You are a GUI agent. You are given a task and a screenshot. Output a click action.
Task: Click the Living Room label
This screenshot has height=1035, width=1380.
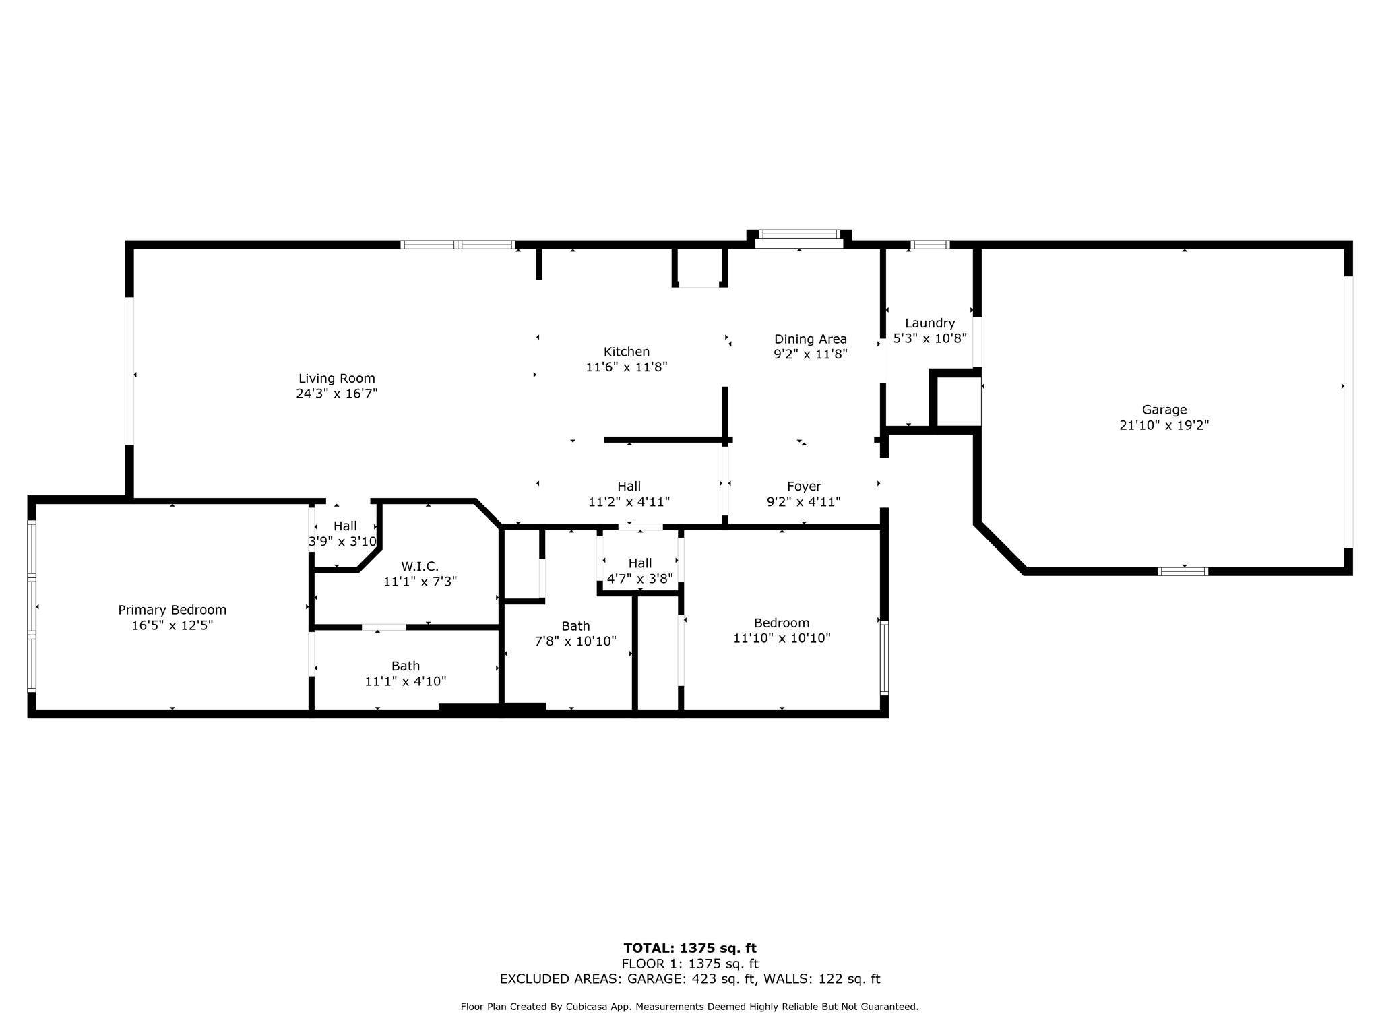click(336, 379)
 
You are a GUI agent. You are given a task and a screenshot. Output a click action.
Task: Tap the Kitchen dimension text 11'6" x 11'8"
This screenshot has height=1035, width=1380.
click(626, 367)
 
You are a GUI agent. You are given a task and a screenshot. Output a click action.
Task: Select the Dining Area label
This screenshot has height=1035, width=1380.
click(810, 339)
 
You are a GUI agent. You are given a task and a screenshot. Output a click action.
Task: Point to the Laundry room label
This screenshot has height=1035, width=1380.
click(929, 323)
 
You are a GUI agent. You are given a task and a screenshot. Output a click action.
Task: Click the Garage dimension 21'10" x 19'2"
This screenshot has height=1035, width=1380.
click(1164, 425)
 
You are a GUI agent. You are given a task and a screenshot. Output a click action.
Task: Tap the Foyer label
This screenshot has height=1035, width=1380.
click(803, 486)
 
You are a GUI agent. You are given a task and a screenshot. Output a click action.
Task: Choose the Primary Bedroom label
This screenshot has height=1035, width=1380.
click(172, 610)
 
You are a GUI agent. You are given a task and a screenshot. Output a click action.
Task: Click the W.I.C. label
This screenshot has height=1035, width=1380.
click(419, 566)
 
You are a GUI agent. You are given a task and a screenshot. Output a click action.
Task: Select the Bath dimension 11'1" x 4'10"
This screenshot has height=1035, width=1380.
click(405, 681)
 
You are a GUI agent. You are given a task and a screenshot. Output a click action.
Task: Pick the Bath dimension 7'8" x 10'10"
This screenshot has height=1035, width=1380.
click(575, 641)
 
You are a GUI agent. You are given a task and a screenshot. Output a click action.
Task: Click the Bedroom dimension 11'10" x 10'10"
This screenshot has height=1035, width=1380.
click(781, 638)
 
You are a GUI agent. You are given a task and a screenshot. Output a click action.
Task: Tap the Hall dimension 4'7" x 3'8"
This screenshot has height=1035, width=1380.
click(639, 578)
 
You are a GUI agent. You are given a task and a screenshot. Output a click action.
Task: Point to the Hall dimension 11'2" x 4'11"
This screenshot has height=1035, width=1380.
click(628, 502)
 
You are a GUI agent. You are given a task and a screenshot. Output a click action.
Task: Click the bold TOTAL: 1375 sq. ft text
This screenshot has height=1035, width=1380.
click(689, 948)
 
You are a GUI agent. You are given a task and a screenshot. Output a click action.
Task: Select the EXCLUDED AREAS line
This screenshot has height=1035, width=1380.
click(689, 979)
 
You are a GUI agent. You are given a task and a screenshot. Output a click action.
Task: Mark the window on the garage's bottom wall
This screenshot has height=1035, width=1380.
click(1183, 571)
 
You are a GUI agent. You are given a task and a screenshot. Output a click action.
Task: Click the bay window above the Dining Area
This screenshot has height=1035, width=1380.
click(799, 235)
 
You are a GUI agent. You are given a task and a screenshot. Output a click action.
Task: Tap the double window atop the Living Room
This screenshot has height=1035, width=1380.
click(458, 245)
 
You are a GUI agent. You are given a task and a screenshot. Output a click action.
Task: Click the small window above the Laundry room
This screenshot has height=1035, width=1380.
click(930, 245)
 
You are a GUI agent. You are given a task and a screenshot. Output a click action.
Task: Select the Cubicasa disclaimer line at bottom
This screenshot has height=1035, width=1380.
click(689, 1007)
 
